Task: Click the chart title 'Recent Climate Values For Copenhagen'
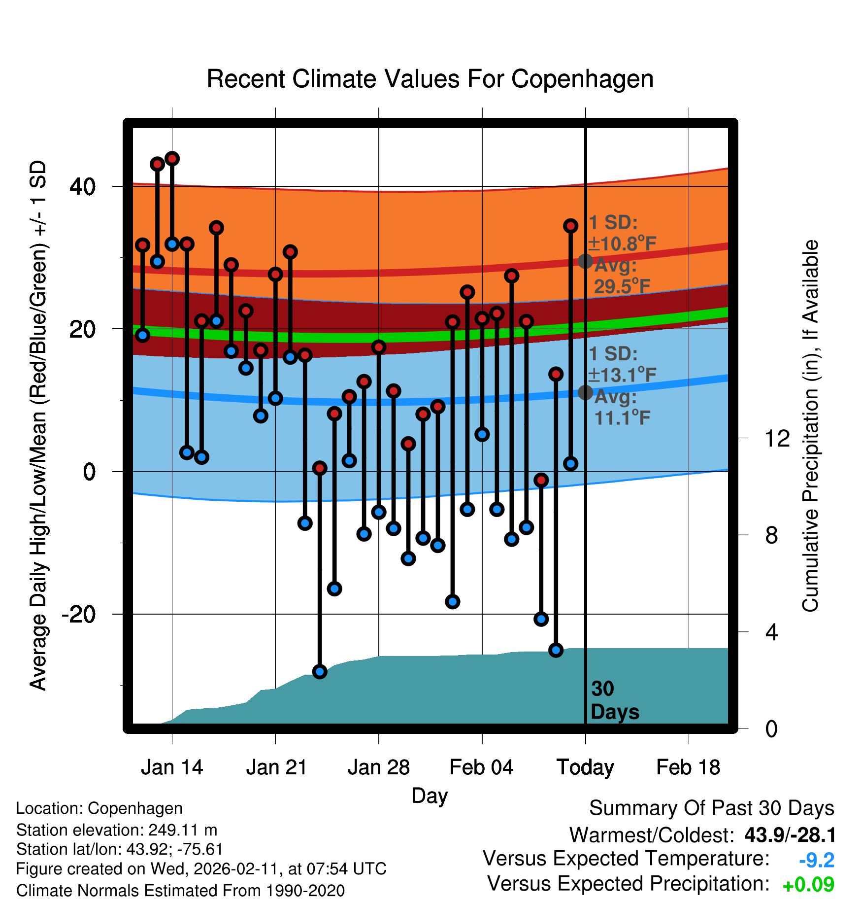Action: click(430, 79)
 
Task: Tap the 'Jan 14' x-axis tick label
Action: click(172, 767)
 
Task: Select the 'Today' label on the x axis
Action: click(585, 767)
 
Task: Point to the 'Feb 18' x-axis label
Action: click(688, 767)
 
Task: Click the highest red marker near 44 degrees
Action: click(172, 159)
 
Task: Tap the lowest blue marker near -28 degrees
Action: click(320, 671)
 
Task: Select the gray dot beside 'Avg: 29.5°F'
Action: click(585, 261)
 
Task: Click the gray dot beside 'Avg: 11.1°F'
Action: click(585, 392)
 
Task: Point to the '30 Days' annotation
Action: click(614, 700)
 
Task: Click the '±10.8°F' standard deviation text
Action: click(622, 243)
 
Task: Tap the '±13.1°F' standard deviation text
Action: click(622, 375)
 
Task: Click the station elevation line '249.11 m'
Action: click(117, 830)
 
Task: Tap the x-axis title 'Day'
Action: click(430, 796)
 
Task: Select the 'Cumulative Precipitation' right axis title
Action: click(810, 426)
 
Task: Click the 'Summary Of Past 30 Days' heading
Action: click(711, 808)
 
